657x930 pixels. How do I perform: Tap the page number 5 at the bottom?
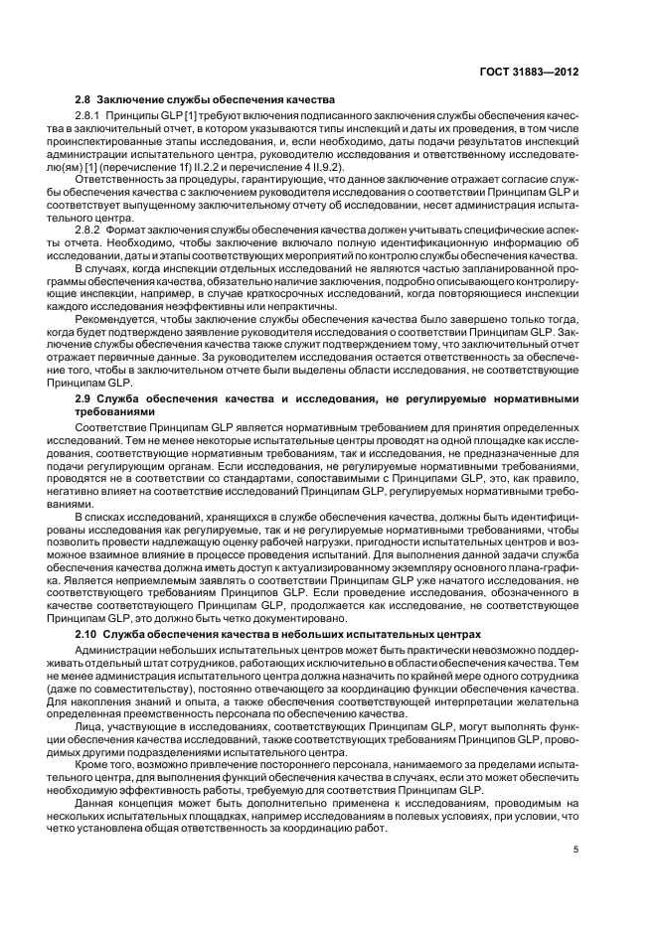click(575, 849)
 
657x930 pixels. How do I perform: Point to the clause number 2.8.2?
click(90, 230)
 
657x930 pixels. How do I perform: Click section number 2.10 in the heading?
click(86, 633)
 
